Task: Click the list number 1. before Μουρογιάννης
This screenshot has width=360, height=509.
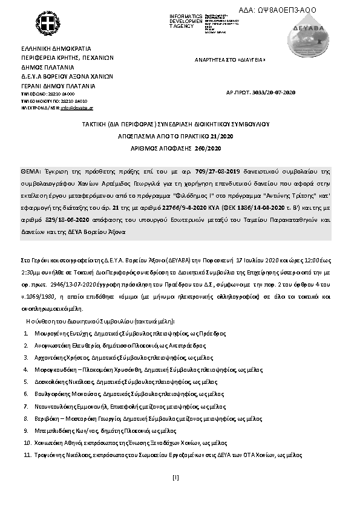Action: [x=27, y=333]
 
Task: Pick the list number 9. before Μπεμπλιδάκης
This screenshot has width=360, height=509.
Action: [x=27, y=430]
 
